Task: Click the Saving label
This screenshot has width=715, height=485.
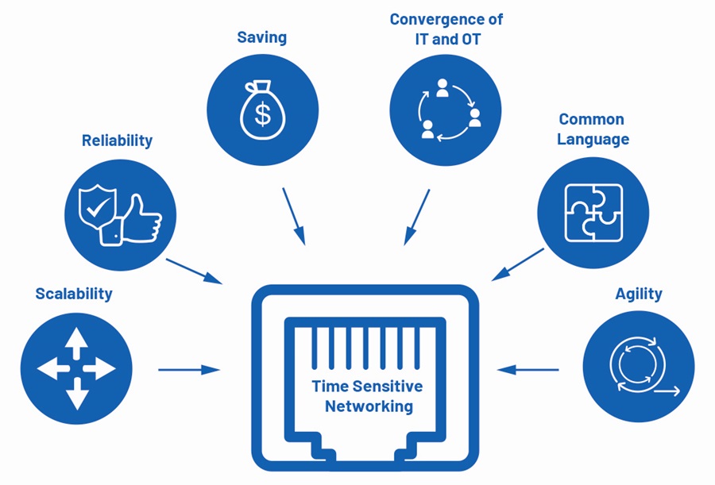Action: [x=261, y=38]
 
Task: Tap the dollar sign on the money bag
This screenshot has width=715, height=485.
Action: [x=263, y=114]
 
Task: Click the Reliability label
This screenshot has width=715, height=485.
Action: [x=118, y=140]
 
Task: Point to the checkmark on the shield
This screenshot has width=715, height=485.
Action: [x=96, y=210]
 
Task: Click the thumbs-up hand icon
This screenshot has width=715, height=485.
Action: [x=131, y=220]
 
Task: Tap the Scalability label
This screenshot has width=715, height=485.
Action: [x=74, y=294]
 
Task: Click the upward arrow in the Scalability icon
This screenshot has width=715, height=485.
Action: [x=76, y=343]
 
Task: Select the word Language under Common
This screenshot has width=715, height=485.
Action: [x=593, y=140]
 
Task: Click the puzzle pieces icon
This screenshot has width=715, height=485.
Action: [x=593, y=213]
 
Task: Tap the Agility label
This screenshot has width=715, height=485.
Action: [x=639, y=294]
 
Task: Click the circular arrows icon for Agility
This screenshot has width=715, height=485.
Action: [x=643, y=366]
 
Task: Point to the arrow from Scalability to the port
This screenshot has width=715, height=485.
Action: [x=189, y=370]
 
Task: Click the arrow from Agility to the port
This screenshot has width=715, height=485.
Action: [x=528, y=370]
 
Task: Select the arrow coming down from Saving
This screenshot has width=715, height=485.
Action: [x=294, y=217]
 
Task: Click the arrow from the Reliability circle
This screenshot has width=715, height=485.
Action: [x=194, y=271]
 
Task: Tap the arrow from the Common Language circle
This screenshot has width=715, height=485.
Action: [x=518, y=264]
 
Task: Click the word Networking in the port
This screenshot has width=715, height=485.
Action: [x=369, y=406]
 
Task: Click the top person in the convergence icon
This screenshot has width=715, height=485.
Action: [x=442, y=88]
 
